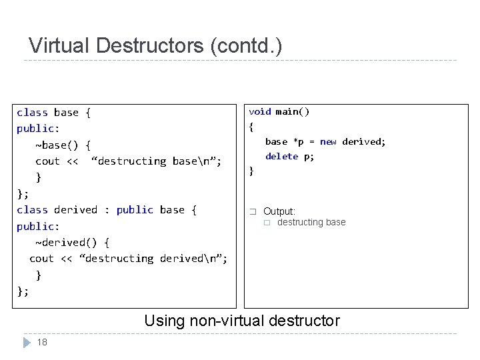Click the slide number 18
tap(42, 343)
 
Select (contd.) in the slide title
tap(246, 46)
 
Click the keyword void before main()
tap(260, 112)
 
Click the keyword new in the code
tap(328, 141)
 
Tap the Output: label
tap(279, 211)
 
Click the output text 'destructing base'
tap(311, 222)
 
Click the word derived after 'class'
tap(75, 210)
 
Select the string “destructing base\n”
tap(157, 161)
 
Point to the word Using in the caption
tap(165, 321)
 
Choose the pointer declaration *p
tap(299, 141)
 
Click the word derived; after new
tap(364, 141)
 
